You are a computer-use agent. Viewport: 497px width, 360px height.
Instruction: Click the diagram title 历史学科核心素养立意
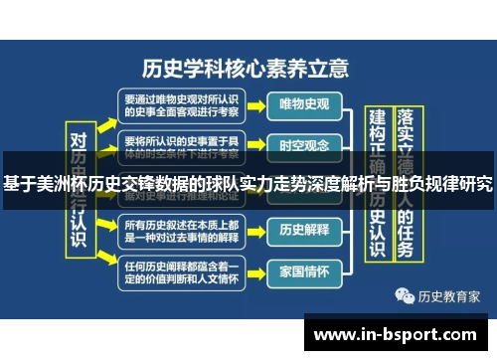click(246, 69)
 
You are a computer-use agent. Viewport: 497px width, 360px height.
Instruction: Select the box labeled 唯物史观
click(305, 104)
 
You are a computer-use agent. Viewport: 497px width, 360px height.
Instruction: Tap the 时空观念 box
click(305, 145)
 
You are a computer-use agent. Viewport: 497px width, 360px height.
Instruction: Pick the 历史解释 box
click(305, 230)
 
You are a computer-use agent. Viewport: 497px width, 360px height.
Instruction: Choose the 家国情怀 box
click(305, 270)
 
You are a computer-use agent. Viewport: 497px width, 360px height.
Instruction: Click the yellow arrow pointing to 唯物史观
click(255, 104)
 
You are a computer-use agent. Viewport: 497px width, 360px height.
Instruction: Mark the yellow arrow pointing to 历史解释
click(255, 230)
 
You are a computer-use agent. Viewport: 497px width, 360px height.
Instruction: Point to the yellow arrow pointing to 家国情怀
click(255, 270)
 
